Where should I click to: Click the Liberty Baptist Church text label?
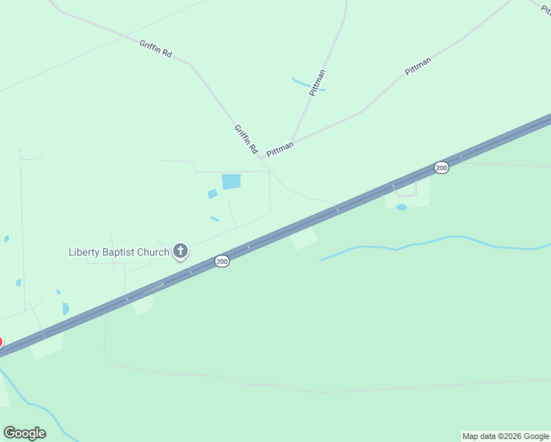(x=119, y=253)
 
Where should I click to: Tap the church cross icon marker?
(x=180, y=251)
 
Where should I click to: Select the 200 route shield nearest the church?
(x=222, y=262)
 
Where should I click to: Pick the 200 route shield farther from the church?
(x=441, y=168)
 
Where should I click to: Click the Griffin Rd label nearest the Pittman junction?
(x=246, y=138)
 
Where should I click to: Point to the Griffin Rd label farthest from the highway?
(x=155, y=49)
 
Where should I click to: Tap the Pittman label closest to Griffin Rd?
(x=280, y=149)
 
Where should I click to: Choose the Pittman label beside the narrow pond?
(x=317, y=83)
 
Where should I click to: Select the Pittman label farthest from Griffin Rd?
(x=418, y=66)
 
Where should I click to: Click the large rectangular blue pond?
(x=231, y=181)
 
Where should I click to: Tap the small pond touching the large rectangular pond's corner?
(x=212, y=194)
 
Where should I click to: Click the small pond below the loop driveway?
(x=401, y=208)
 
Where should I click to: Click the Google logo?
(x=24, y=433)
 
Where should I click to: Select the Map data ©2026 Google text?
(x=505, y=436)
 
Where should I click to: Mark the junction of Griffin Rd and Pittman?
(x=262, y=158)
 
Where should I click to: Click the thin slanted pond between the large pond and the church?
(x=214, y=219)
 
